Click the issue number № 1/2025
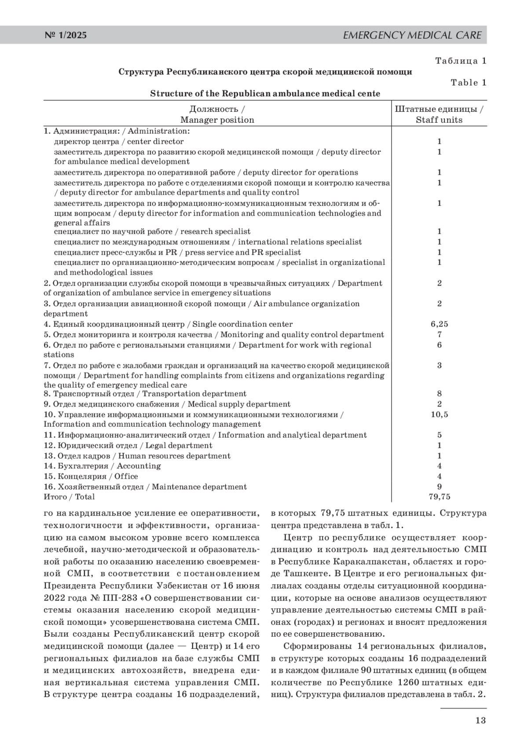point(66,35)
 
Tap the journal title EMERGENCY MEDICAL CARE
point(412,35)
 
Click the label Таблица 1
point(461,61)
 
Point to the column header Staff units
point(439,120)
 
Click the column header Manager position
point(217,120)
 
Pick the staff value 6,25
point(439,324)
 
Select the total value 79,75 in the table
point(439,497)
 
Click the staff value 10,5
point(439,414)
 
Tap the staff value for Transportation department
point(439,394)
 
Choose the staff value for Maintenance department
point(439,487)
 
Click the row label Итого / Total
point(69,497)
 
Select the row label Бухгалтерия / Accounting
point(102,466)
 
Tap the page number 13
point(480,720)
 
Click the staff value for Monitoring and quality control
point(439,334)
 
